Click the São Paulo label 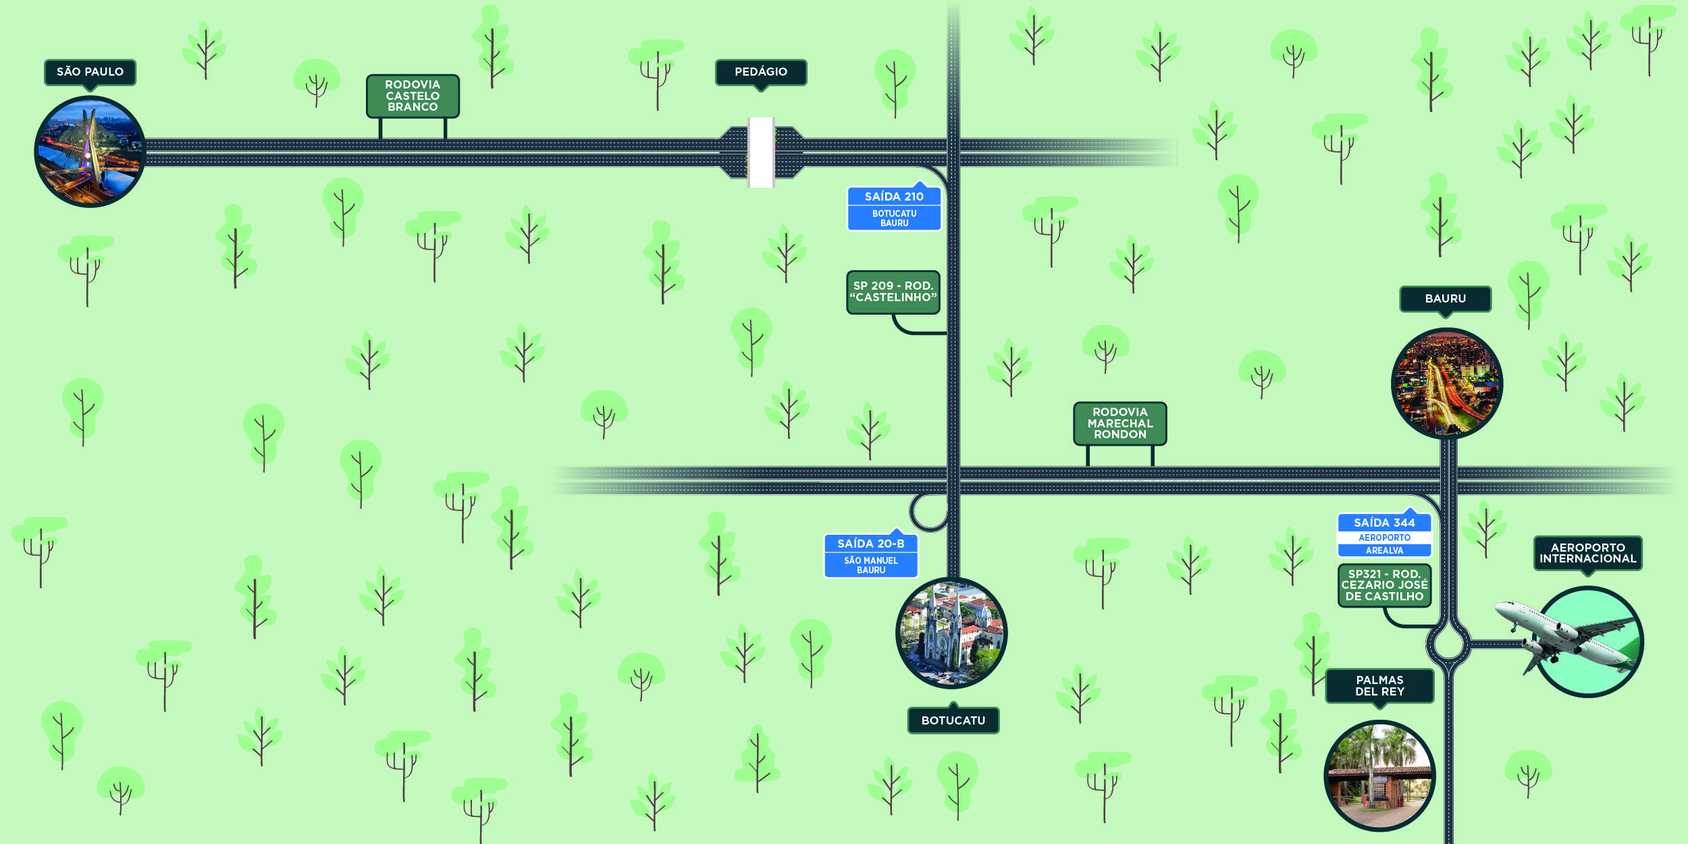[90, 72]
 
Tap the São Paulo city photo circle [90, 151]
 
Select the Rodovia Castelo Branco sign [413, 96]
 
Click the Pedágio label [761, 72]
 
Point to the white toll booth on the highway [761, 152]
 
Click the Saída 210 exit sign [894, 209]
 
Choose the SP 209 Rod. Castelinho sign [893, 292]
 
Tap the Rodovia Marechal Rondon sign [1120, 423]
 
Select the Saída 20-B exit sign [871, 556]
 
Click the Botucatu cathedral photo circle [951, 633]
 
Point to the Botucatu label [953, 720]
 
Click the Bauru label [1446, 299]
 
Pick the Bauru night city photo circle [1447, 384]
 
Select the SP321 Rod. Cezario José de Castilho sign [1385, 585]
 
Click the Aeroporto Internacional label [1588, 553]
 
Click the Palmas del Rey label [1380, 686]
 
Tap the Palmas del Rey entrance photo [1379, 776]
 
